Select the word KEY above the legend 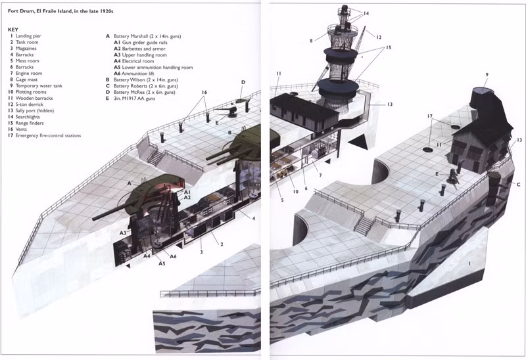pyautogui.click(x=13, y=30)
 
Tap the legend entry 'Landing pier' pyautogui.click(x=28, y=36)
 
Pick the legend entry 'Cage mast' pyautogui.click(x=26, y=79)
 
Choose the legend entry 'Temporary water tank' pyautogui.click(x=39, y=86)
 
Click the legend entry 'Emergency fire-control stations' pyautogui.click(x=48, y=135)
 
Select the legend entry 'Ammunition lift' pyautogui.click(x=138, y=74)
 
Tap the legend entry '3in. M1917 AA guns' pyautogui.click(x=134, y=99)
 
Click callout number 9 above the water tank pyautogui.click(x=487, y=75)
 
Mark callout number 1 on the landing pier pyautogui.click(x=469, y=264)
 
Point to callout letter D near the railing pyautogui.click(x=243, y=82)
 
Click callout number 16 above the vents pyautogui.click(x=204, y=92)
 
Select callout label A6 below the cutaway pyautogui.click(x=173, y=256)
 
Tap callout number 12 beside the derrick pyautogui.click(x=379, y=37)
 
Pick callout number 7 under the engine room pyautogui.click(x=320, y=175)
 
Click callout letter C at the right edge pyautogui.click(x=518, y=185)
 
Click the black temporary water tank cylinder pyautogui.click(x=483, y=99)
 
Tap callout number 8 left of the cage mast pyautogui.click(x=311, y=41)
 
